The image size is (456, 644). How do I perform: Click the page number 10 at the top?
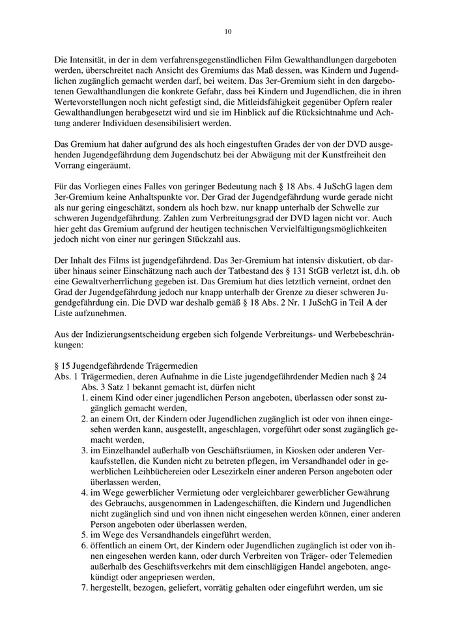pyautogui.click(x=228, y=31)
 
